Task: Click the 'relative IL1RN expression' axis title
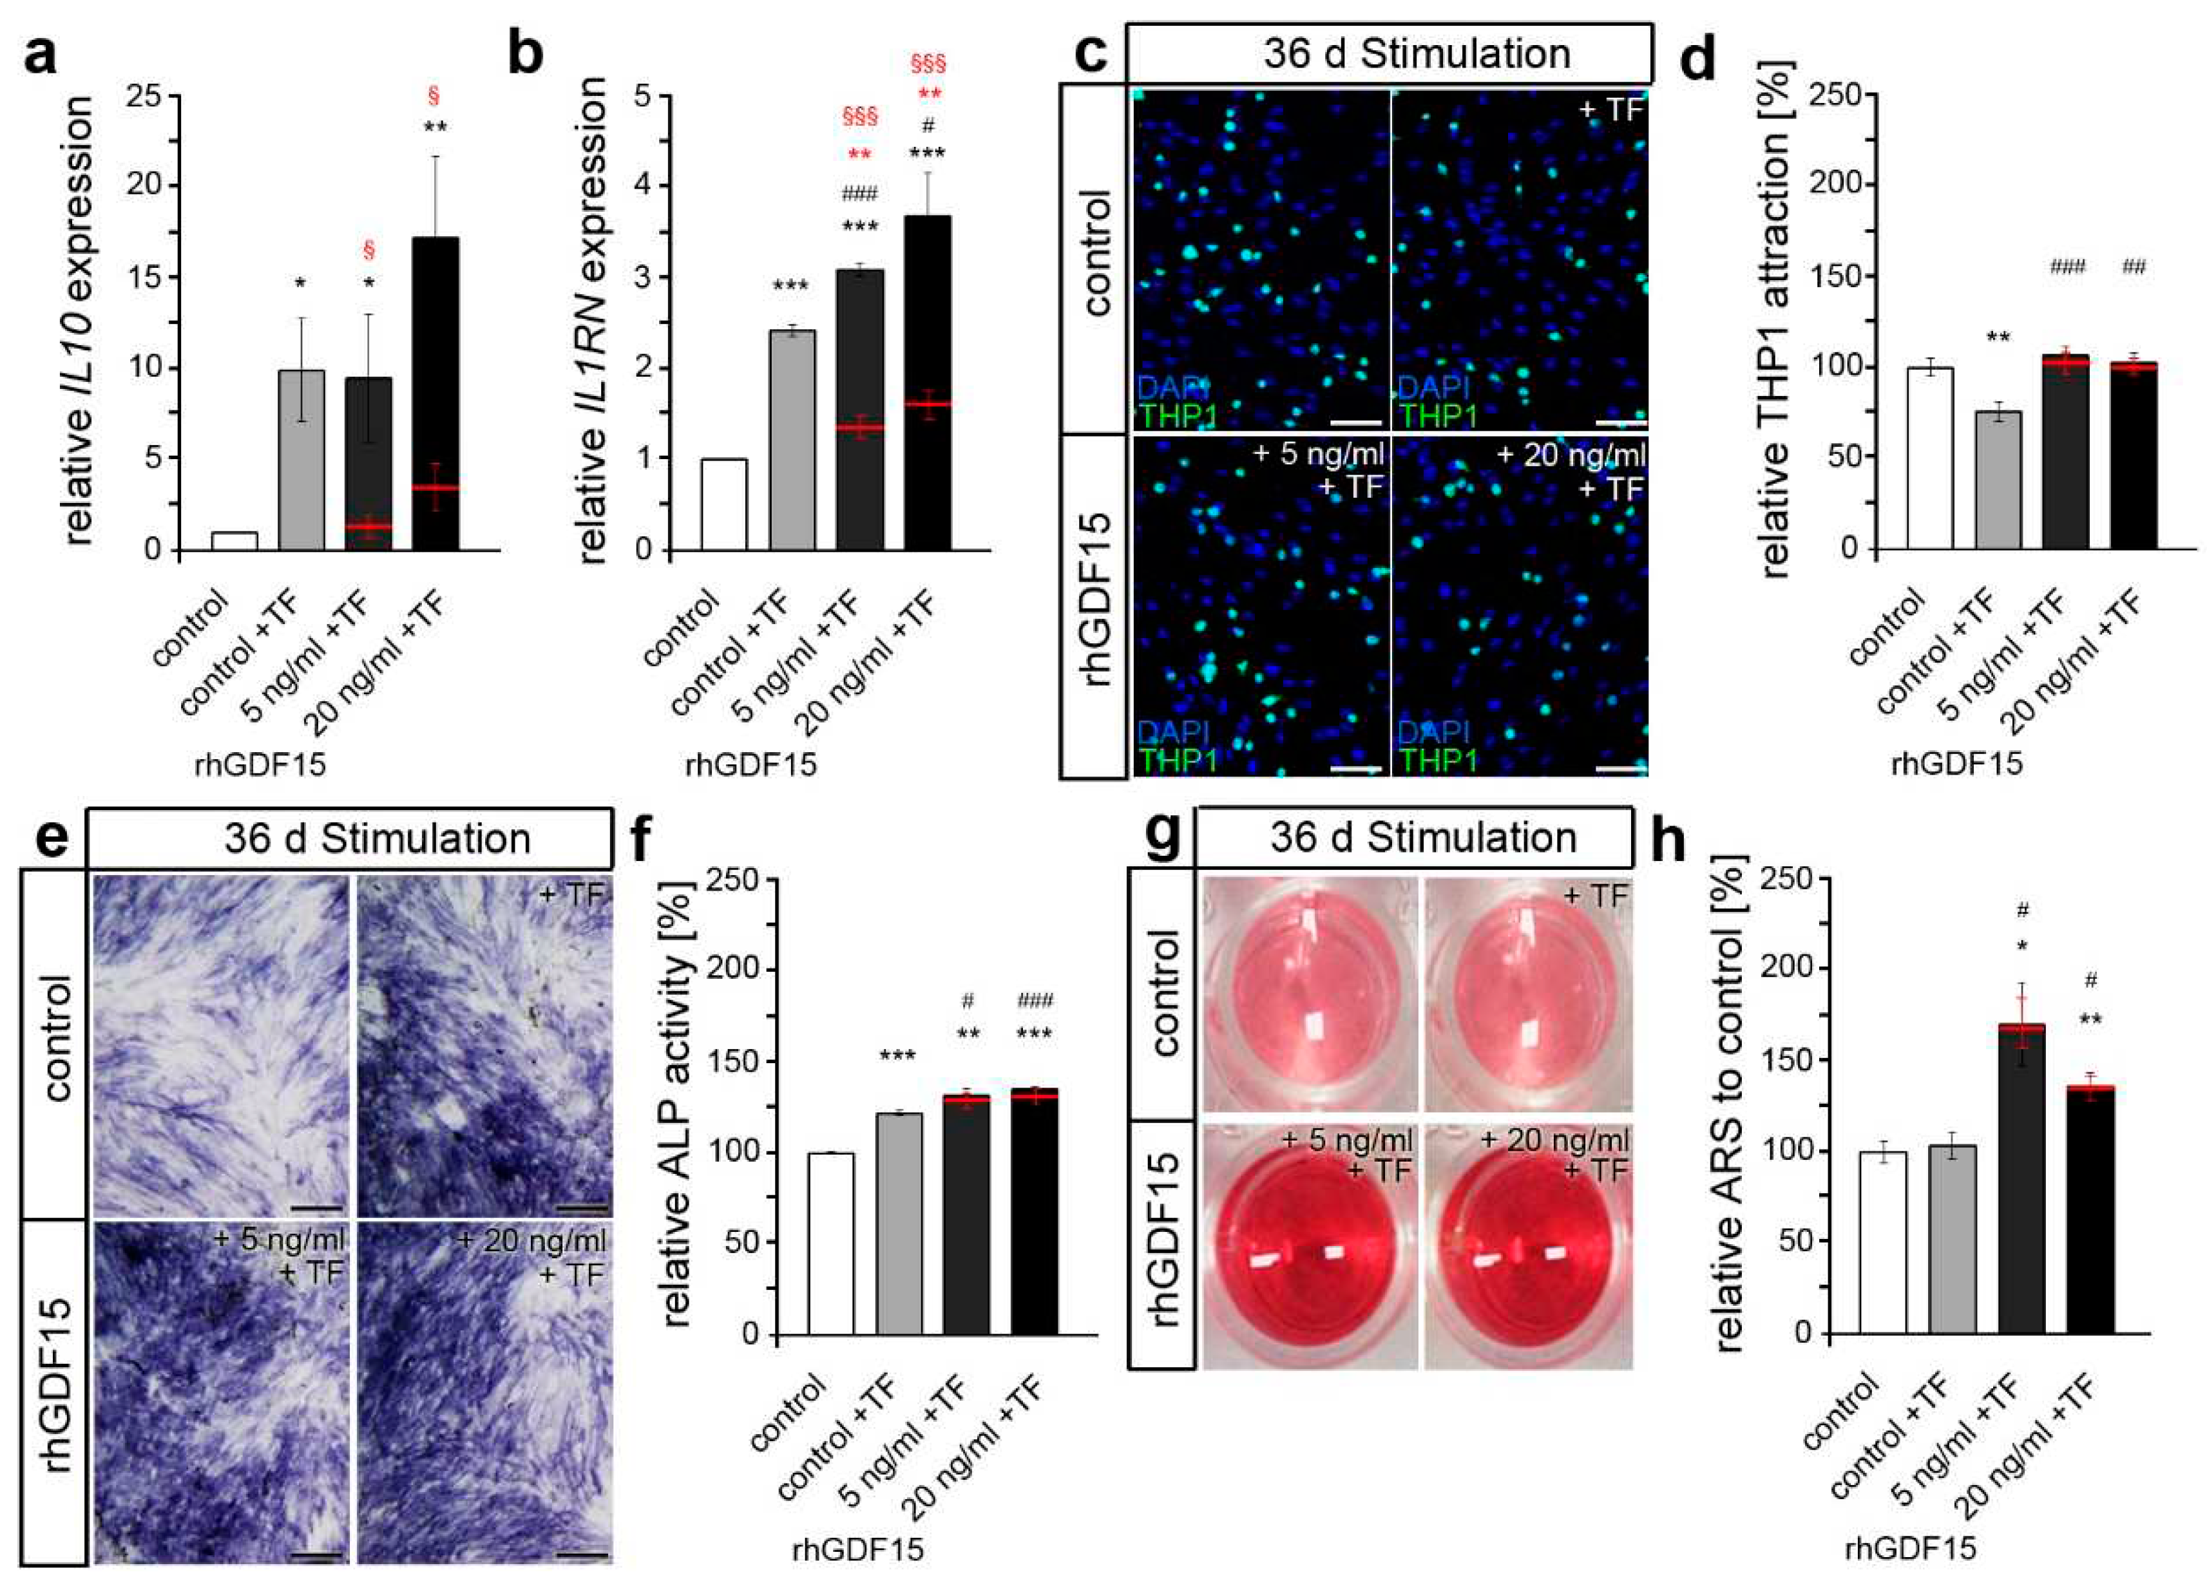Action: pyautogui.click(x=591, y=321)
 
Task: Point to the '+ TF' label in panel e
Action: pyautogui.click(x=573, y=893)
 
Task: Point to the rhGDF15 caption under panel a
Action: pyautogui.click(x=260, y=765)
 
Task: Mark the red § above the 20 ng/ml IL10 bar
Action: pyautogui.click(x=434, y=95)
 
